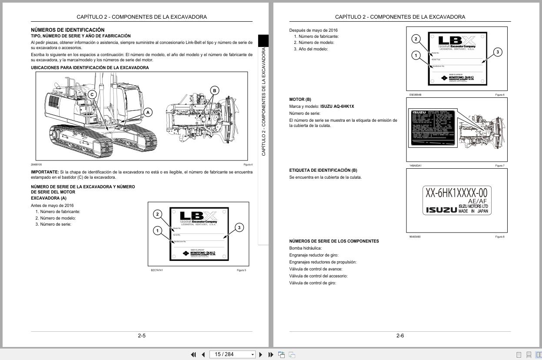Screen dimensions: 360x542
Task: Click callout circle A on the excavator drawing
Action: pyautogui.click(x=148, y=112)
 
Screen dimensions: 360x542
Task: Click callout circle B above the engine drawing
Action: pyautogui.click(x=214, y=90)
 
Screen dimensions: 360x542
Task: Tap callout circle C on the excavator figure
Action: pyautogui.click(x=92, y=94)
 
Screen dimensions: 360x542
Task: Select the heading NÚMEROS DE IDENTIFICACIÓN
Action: pyautogui.click(x=67, y=30)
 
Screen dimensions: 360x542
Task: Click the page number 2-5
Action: pyautogui.click(x=142, y=336)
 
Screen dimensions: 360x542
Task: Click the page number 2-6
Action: pyautogui.click(x=400, y=336)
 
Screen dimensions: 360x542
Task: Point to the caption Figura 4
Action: pyautogui.click(x=248, y=165)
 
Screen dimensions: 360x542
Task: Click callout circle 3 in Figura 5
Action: pyautogui.click(x=239, y=227)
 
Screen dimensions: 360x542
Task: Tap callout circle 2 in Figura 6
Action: pyautogui.click(x=416, y=39)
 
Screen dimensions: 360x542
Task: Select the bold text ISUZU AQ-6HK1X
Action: pyautogui.click(x=337, y=107)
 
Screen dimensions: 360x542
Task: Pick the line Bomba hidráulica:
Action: pyautogui.click(x=306, y=248)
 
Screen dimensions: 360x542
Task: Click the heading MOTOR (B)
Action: pyautogui.click(x=300, y=100)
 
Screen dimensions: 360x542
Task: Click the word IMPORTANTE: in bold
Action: pyautogui.click(x=44, y=172)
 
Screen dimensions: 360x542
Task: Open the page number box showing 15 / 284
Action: pyautogui.click(x=232, y=354)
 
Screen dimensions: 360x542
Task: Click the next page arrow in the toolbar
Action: pyautogui.click(x=261, y=354)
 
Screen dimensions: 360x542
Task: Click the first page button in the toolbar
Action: pyautogui.click(x=193, y=354)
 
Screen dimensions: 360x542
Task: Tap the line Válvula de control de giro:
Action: pyautogui.click(x=313, y=283)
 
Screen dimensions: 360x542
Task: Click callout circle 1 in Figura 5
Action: pyautogui.click(x=157, y=230)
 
